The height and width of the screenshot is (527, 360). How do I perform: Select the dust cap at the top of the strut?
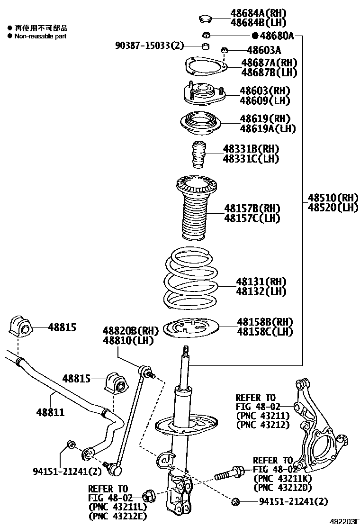click(x=205, y=19)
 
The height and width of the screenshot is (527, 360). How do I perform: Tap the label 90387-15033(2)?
click(x=149, y=45)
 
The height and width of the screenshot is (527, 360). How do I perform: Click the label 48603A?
click(x=263, y=50)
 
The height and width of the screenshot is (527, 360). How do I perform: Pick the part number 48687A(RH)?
click(x=269, y=63)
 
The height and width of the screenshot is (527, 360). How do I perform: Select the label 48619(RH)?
click(x=264, y=118)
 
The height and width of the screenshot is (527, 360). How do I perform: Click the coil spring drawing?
click(x=191, y=279)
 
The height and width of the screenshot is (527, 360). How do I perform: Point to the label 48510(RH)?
click(x=333, y=197)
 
